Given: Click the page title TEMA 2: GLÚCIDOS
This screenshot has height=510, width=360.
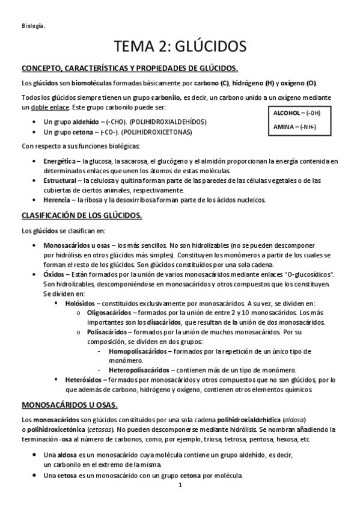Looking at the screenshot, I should click(x=180, y=46).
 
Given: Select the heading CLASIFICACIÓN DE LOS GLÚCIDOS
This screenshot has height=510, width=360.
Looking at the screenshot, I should click(x=81, y=215).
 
